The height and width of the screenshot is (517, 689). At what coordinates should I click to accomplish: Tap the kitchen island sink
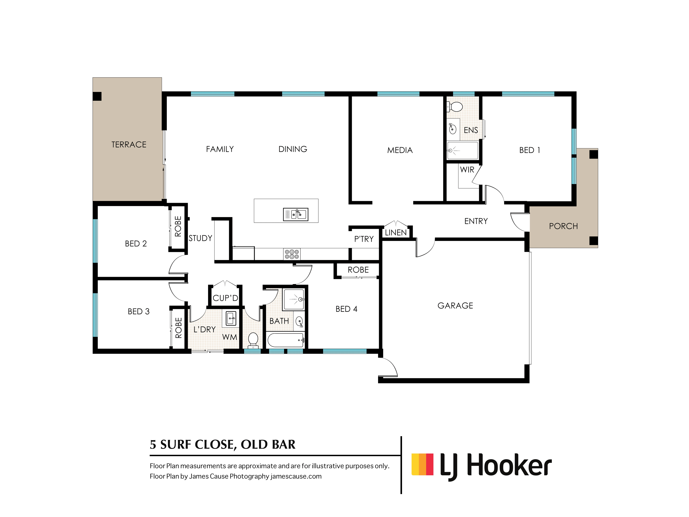296,214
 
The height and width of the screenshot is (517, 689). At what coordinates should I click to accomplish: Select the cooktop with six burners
292,254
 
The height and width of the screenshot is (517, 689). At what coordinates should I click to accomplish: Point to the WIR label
467,170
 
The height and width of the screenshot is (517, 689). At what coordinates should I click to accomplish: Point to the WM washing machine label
230,337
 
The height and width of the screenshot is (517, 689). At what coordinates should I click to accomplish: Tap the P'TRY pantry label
364,239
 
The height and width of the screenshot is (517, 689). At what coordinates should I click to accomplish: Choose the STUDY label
200,238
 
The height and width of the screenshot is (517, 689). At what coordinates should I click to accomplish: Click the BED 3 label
139,312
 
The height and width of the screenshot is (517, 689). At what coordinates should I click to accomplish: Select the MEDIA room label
400,150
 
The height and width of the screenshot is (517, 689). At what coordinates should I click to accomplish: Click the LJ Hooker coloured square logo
422,464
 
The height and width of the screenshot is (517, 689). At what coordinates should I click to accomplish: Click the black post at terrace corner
97,96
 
